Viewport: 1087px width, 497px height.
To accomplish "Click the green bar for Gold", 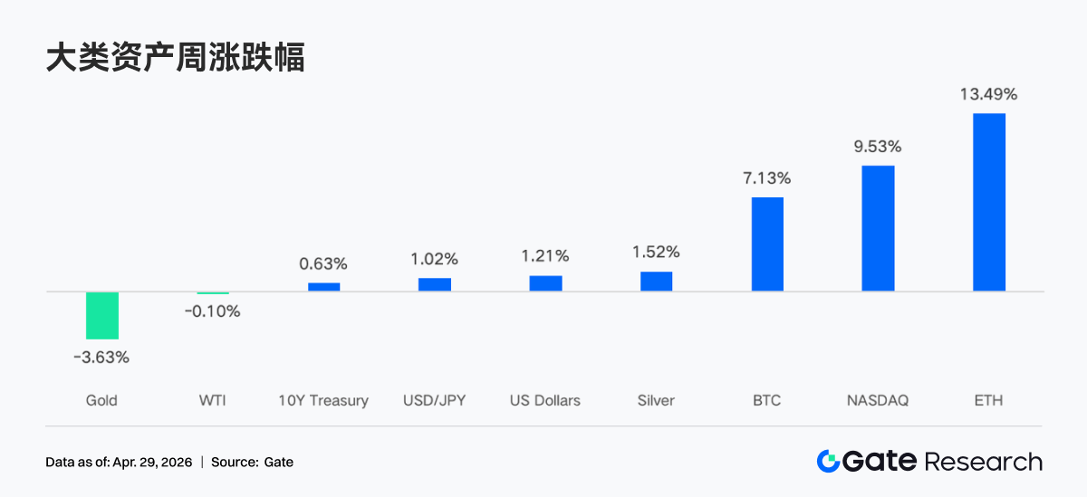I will [x=102, y=315].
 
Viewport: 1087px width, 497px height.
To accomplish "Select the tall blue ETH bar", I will [x=988, y=202].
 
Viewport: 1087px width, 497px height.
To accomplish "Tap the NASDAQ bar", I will [x=878, y=228].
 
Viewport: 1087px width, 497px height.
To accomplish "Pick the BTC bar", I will [x=767, y=244].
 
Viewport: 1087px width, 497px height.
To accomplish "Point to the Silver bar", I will [x=656, y=282].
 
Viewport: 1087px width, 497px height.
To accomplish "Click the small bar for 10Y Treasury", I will [x=323, y=287].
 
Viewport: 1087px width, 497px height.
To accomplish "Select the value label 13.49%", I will [x=988, y=94].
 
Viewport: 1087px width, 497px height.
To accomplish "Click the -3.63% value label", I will [x=101, y=358].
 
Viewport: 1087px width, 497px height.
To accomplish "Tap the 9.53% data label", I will [x=878, y=147].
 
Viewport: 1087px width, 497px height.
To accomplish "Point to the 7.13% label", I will [x=767, y=178].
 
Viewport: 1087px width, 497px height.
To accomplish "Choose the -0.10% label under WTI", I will [x=212, y=312].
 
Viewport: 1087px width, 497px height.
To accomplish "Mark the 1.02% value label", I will [x=435, y=259].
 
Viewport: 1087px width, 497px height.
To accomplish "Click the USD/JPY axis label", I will [x=435, y=400].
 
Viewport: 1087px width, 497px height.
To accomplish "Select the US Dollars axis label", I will [x=545, y=400].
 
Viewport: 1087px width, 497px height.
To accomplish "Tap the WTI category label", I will [x=212, y=400].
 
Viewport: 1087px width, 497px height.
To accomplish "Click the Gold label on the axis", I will [x=101, y=400].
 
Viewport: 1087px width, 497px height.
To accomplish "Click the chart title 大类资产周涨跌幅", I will [x=176, y=58].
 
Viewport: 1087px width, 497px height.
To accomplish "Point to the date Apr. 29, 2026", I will [x=152, y=463].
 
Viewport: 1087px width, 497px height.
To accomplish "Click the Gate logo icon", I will [x=827, y=462].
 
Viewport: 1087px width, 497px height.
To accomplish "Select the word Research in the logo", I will [x=983, y=462].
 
